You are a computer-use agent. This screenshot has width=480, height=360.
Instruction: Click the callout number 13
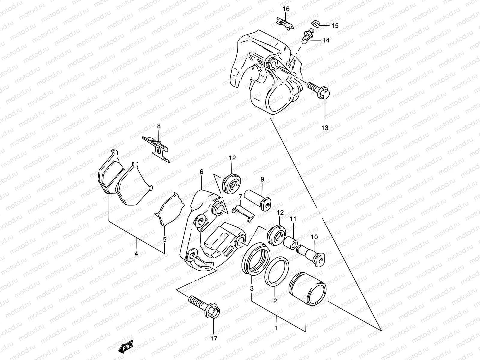point(325,127)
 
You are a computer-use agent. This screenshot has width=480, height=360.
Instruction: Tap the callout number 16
point(286,9)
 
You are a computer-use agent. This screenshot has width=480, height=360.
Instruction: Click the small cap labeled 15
point(315,23)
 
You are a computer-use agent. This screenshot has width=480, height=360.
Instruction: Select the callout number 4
point(136,254)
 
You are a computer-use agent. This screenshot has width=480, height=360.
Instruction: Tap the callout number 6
point(201,172)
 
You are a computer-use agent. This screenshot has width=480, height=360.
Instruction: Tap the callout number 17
point(213,339)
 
